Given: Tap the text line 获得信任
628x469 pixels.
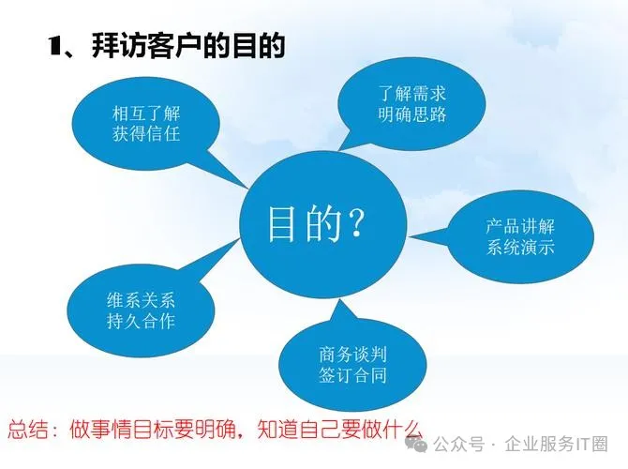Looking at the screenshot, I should point(145,134).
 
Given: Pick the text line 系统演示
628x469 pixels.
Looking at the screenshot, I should point(521,249).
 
